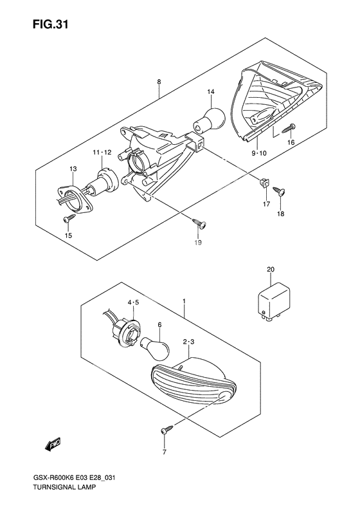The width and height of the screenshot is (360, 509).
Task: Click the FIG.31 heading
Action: coord(50,24)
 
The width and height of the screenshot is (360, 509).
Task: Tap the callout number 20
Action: coord(271,270)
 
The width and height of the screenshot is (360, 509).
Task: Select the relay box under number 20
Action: coord(274,301)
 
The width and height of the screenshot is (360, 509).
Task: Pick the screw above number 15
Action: coord(69,219)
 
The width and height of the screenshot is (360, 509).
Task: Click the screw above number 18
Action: coord(279,191)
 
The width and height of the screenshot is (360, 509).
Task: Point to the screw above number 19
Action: coord(200,223)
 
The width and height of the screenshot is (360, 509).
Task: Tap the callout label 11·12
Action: coord(102,153)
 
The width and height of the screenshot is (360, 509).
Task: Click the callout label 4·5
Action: coord(133,302)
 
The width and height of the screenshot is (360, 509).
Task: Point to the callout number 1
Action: coord(184,302)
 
